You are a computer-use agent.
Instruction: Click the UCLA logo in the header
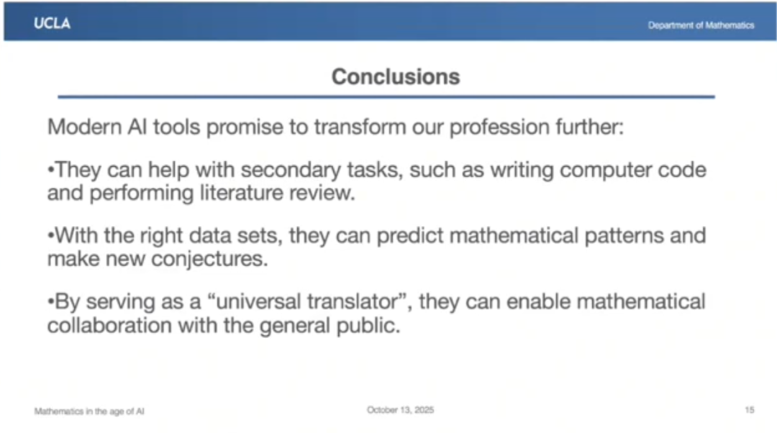point(52,23)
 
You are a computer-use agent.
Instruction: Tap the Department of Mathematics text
point(701,25)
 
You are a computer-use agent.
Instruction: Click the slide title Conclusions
point(396,77)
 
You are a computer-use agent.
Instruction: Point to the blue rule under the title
point(386,96)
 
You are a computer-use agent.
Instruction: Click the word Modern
point(84,127)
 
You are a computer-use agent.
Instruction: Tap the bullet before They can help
point(50,170)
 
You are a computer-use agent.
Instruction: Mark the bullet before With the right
point(50,235)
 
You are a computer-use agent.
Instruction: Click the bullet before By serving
point(50,301)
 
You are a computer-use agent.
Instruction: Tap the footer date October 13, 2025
point(401,410)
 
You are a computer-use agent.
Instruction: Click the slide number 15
point(749,410)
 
